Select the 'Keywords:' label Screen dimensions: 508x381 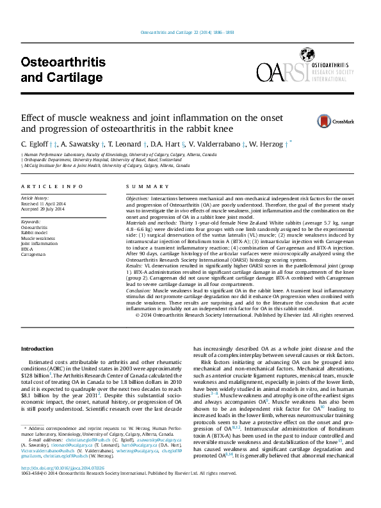pyautogui.click(x=31, y=221)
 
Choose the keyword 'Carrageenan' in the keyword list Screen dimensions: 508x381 pyautogui.click(x=35, y=255)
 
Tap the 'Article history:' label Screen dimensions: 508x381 pyautogui.click(x=36, y=198)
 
